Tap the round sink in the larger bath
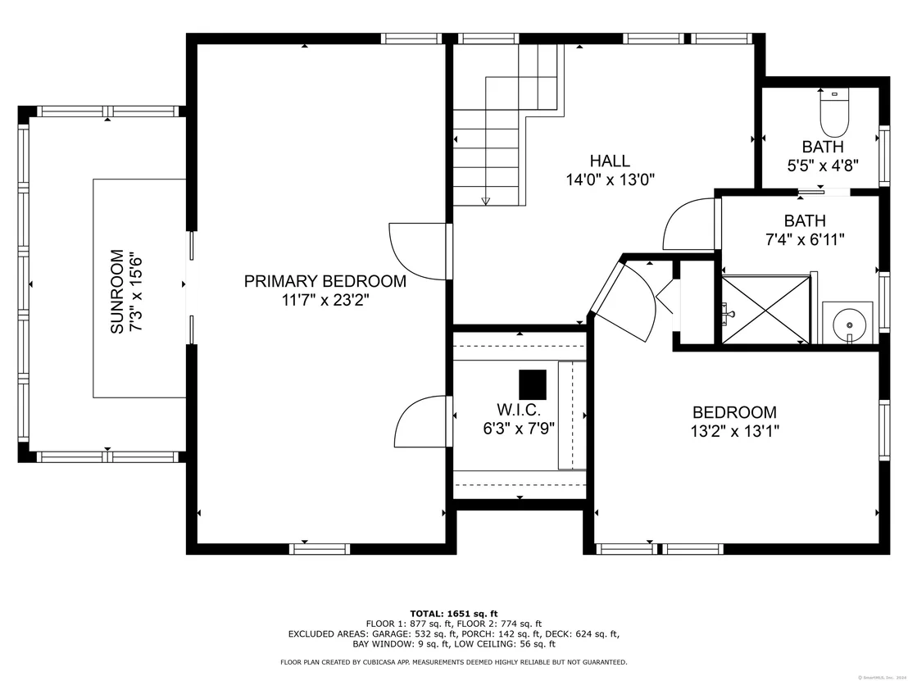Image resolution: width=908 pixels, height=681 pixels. click(849, 323)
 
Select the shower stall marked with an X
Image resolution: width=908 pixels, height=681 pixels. click(765, 309)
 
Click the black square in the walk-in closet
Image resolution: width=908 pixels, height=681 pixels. click(533, 384)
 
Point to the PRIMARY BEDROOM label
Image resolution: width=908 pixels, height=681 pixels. click(325, 281)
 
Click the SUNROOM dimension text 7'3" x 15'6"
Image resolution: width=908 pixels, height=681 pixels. click(135, 291)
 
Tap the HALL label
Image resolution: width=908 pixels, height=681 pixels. click(610, 161)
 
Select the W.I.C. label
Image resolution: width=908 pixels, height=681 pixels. click(519, 410)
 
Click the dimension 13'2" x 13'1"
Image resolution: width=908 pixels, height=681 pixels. click(735, 431)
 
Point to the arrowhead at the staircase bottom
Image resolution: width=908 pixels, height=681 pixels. click(486, 201)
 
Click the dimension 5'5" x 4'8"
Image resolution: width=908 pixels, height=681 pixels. click(822, 166)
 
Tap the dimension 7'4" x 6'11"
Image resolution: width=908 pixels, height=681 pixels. click(805, 239)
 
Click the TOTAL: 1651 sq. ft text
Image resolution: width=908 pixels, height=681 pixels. click(453, 614)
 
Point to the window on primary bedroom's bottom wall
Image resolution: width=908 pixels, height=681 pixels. click(320, 549)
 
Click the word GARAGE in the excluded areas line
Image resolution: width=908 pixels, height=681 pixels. click(391, 634)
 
